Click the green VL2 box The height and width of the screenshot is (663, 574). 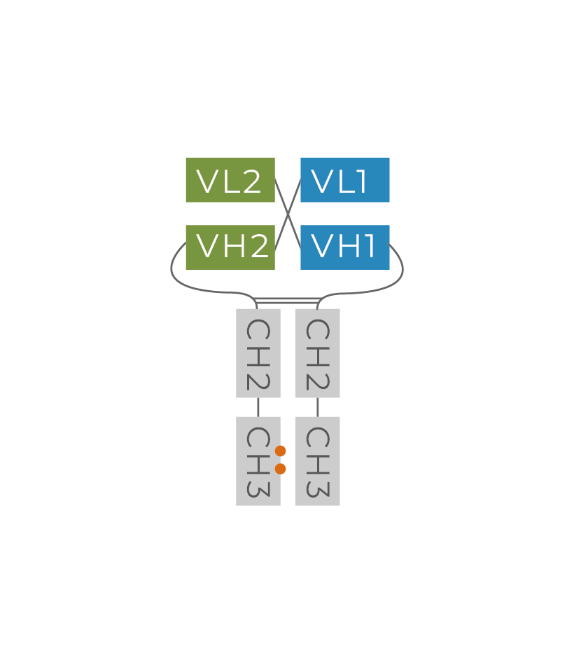[230, 180]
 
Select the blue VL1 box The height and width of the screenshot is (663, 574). [344, 180]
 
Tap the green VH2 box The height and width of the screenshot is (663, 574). [230, 247]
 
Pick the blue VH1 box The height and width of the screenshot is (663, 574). [344, 247]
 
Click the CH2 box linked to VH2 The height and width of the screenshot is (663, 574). [258, 353]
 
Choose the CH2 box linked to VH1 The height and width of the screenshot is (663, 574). [317, 353]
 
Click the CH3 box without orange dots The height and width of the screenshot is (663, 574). [317, 461]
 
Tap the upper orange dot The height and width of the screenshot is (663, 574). [280, 451]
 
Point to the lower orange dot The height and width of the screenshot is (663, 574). [280, 469]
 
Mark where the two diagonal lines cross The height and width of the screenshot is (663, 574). [288, 214]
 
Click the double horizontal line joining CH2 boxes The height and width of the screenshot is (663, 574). [288, 301]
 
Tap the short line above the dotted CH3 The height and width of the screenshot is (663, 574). [258, 407]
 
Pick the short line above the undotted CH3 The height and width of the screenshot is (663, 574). [317, 407]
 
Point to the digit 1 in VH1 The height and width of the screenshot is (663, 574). [370, 247]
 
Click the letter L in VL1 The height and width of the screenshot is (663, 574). [344, 182]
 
